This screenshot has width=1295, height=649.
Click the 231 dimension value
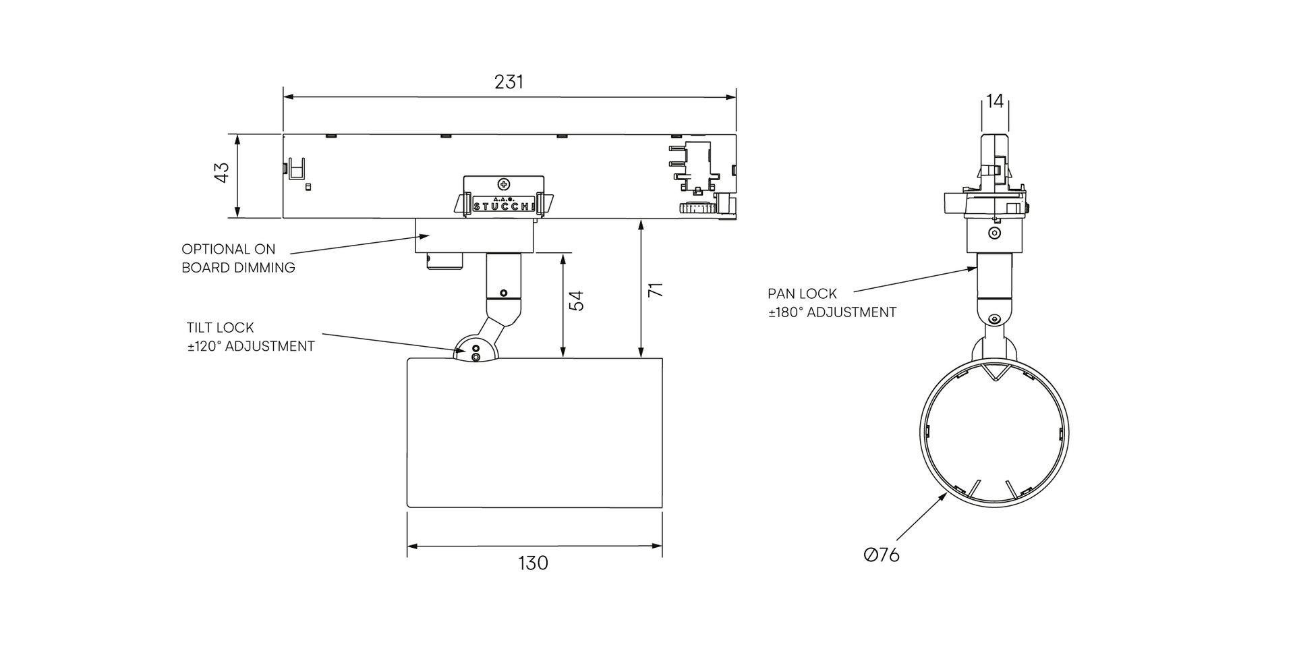pos(509,82)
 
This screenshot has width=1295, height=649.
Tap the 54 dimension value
pos(575,300)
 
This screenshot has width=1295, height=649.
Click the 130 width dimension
pos(534,563)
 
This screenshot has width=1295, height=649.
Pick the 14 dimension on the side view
pos(995,101)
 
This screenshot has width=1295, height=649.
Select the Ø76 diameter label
pos(882,555)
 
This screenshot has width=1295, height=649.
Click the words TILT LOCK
pos(221,328)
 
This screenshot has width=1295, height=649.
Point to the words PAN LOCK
pos(802,294)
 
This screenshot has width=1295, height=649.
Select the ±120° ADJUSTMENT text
pos(251,347)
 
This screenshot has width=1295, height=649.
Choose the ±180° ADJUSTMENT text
pos(832,313)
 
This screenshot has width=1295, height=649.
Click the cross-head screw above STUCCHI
pos(503,184)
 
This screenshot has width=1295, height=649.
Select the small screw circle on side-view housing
pos(994,233)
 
